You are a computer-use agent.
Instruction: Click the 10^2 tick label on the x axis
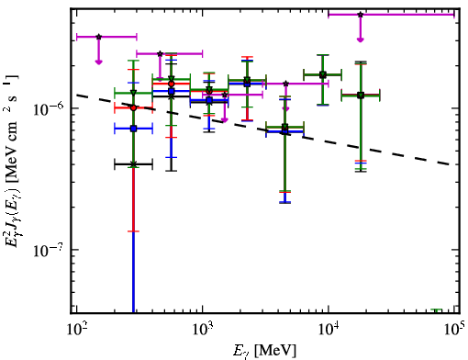pyautogui.click(x=77, y=330)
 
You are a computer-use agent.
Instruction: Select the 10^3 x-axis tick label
pyautogui.click(x=203, y=330)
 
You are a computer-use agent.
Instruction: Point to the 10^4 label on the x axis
pyautogui.click(x=329, y=330)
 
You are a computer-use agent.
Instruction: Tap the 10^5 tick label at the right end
pyautogui.click(x=454, y=329)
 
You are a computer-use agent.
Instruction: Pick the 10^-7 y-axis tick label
pyautogui.click(x=49, y=251)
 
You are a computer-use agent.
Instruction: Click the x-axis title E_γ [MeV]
pyautogui.click(x=264, y=350)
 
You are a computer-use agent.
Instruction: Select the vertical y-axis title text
pyautogui.click(x=13, y=161)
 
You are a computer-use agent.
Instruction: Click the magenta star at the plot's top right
pyautogui.click(x=361, y=15)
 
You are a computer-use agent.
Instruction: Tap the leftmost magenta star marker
pyautogui.click(x=98, y=37)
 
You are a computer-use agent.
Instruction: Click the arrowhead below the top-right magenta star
pyautogui.click(x=361, y=39)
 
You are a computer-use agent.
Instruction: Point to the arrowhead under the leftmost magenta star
pyautogui.click(x=98, y=62)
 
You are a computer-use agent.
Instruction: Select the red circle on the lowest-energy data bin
pyautogui.click(x=133, y=107)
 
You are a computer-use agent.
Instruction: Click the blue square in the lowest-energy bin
pyautogui.click(x=133, y=129)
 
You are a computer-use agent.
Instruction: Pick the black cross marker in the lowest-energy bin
pyautogui.click(x=133, y=164)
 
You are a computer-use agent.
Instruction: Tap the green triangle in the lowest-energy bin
pyautogui.click(x=133, y=93)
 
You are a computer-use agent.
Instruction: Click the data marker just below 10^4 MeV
pyautogui.click(x=323, y=74)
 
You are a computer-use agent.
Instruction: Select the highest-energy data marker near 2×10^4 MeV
pyautogui.click(x=361, y=96)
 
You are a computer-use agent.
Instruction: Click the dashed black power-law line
pyautogui.click(x=265, y=130)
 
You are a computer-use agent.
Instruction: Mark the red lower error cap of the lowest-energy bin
pyautogui.click(x=133, y=231)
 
